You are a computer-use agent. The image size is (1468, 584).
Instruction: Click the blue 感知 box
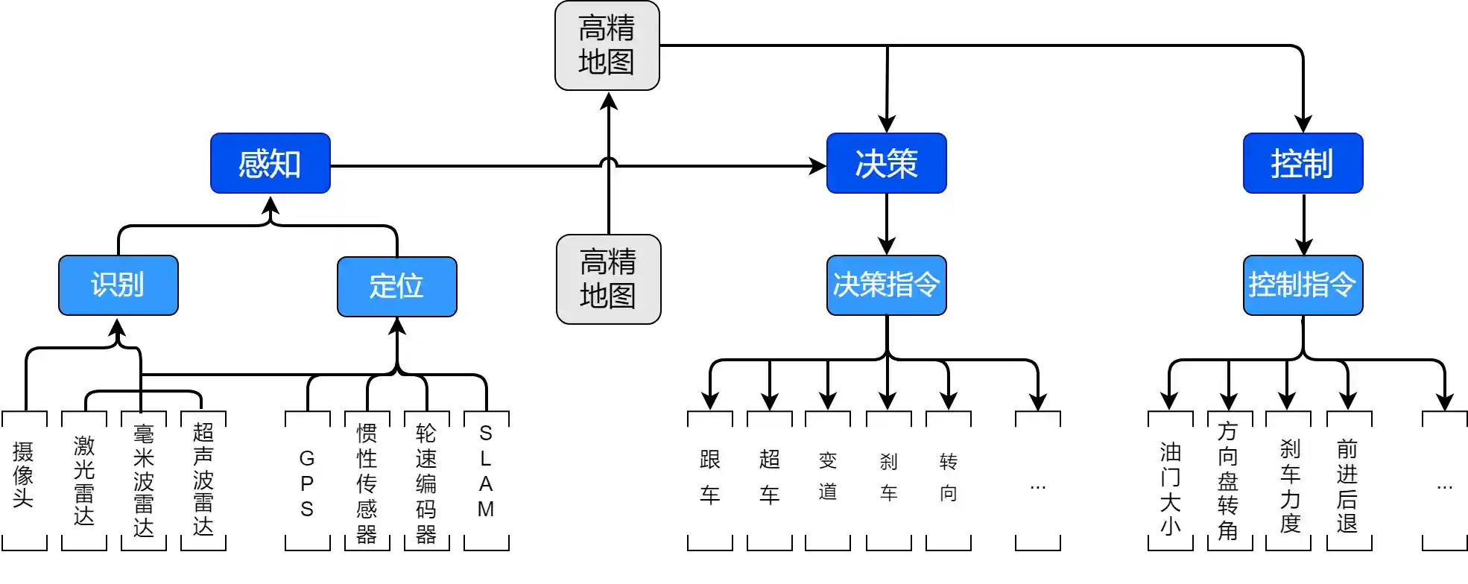(270, 163)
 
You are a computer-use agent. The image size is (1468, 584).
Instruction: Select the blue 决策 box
(886, 163)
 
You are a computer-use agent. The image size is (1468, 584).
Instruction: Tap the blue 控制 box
(1303, 163)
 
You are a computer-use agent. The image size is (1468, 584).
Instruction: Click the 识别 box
(118, 285)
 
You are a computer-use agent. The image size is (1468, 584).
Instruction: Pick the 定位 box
(396, 286)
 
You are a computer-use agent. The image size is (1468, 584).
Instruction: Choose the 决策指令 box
(886, 285)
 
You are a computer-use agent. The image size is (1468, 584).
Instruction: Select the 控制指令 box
(1303, 285)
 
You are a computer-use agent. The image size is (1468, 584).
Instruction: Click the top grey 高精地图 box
(607, 45)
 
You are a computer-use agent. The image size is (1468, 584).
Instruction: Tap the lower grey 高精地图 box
(608, 279)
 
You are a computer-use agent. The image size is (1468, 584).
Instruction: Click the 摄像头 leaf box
(24, 480)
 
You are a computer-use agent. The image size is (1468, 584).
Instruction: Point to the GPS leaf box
(307, 480)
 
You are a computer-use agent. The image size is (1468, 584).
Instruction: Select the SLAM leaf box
(486, 480)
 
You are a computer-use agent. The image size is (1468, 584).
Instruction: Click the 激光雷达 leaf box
(83, 480)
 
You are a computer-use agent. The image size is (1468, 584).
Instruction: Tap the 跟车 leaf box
(709, 480)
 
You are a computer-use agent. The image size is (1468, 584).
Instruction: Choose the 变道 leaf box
(827, 480)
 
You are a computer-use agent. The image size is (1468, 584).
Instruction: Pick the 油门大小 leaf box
(1170, 480)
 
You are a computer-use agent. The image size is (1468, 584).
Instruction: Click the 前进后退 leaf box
(1348, 480)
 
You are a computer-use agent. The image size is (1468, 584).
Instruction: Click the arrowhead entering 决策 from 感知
(818, 165)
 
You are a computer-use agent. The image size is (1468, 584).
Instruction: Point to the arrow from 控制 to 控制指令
(1303, 223)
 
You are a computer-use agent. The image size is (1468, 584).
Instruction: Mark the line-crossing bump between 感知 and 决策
(609, 162)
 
